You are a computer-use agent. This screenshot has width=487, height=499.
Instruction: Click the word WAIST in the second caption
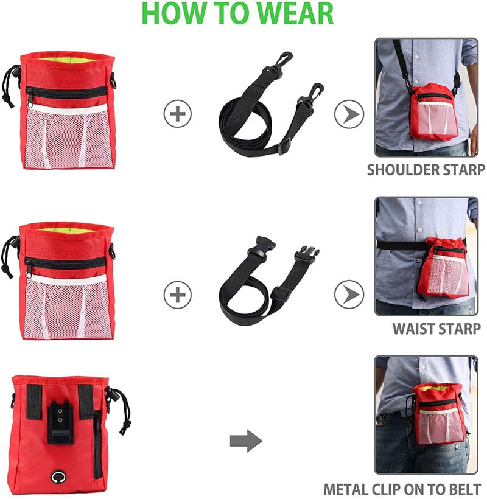[x=413, y=329]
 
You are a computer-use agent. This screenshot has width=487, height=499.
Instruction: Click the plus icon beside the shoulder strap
[x=178, y=114]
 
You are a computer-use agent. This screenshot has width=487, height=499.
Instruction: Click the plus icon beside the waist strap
[x=178, y=295]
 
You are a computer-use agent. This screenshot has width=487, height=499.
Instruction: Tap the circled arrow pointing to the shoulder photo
[x=349, y=114]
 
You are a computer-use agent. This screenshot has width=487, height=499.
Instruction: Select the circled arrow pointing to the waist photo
[x=349, y=295]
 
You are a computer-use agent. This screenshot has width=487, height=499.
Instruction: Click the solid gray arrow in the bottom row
[x=246, y=441]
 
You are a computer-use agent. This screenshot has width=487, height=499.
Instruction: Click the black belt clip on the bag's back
[x=60, y=422]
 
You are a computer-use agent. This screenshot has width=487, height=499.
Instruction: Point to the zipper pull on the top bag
[x=29, y=102]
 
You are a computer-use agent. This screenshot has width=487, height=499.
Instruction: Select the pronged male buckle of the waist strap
[x=306, y=254]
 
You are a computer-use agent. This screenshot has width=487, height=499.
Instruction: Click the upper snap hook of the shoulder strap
[x=280, y=63]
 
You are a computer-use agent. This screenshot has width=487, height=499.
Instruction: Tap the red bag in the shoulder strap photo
[x=434, y=111]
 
